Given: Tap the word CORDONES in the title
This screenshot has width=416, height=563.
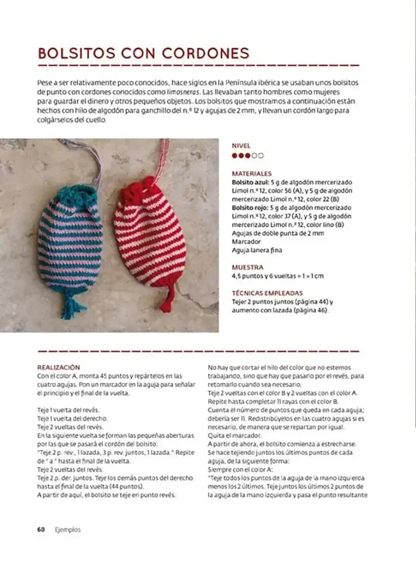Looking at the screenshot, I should click(x=205, y=53).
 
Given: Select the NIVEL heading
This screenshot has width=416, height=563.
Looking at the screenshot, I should click(x=241, y=145).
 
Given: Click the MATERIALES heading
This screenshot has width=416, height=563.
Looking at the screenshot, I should click(x=252, y=174).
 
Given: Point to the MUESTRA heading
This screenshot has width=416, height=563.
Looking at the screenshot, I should click(x=248, y=267).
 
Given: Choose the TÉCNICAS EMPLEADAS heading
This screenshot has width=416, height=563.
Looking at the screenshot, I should click(x=267, y=293).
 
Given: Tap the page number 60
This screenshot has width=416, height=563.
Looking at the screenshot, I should click(x=41, y=529).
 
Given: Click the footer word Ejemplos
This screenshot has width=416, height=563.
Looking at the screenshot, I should click(x=68, y=529).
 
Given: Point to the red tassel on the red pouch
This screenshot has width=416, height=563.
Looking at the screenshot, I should click(x=167, y=298).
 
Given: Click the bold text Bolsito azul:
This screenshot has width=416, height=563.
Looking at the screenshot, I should click(x=250, y=182).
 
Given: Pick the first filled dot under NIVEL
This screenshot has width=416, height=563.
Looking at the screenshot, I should click(x=235, y=156).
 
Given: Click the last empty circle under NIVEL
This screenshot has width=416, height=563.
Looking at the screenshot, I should click(x=260, y=156).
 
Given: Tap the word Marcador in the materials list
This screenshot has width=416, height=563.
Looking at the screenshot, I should click(x=246, y=242).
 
